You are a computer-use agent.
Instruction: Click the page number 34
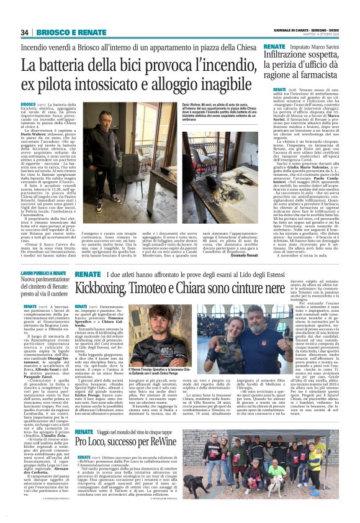(x=25, y=32)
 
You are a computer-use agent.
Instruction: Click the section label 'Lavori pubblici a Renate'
(x=44, y=273)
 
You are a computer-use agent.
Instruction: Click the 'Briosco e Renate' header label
(x=62, y=32)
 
